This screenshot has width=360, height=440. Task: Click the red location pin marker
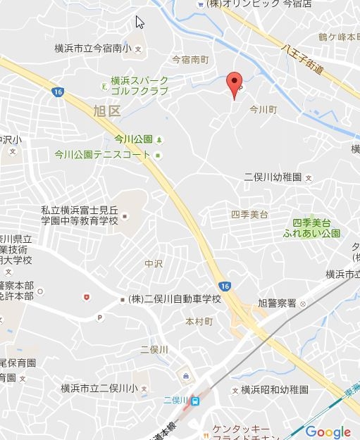tap(235, 85)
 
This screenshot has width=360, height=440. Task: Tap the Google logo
tap(328, 432)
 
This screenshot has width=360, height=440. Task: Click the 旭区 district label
tap(106, 111)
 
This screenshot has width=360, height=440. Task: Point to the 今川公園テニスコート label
tap(102, 154)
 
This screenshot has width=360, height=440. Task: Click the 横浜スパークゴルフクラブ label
tap(139, 86)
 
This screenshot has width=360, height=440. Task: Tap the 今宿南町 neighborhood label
tap(191, 61)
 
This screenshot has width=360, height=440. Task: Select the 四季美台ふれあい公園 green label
tap(311, 227)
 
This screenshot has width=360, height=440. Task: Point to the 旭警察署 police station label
tap(277, 303)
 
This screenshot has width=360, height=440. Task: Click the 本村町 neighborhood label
tap(199, 320)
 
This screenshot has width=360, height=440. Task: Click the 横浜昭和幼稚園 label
tap(275, 389)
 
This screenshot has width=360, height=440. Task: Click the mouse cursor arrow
tap(139, 21)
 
